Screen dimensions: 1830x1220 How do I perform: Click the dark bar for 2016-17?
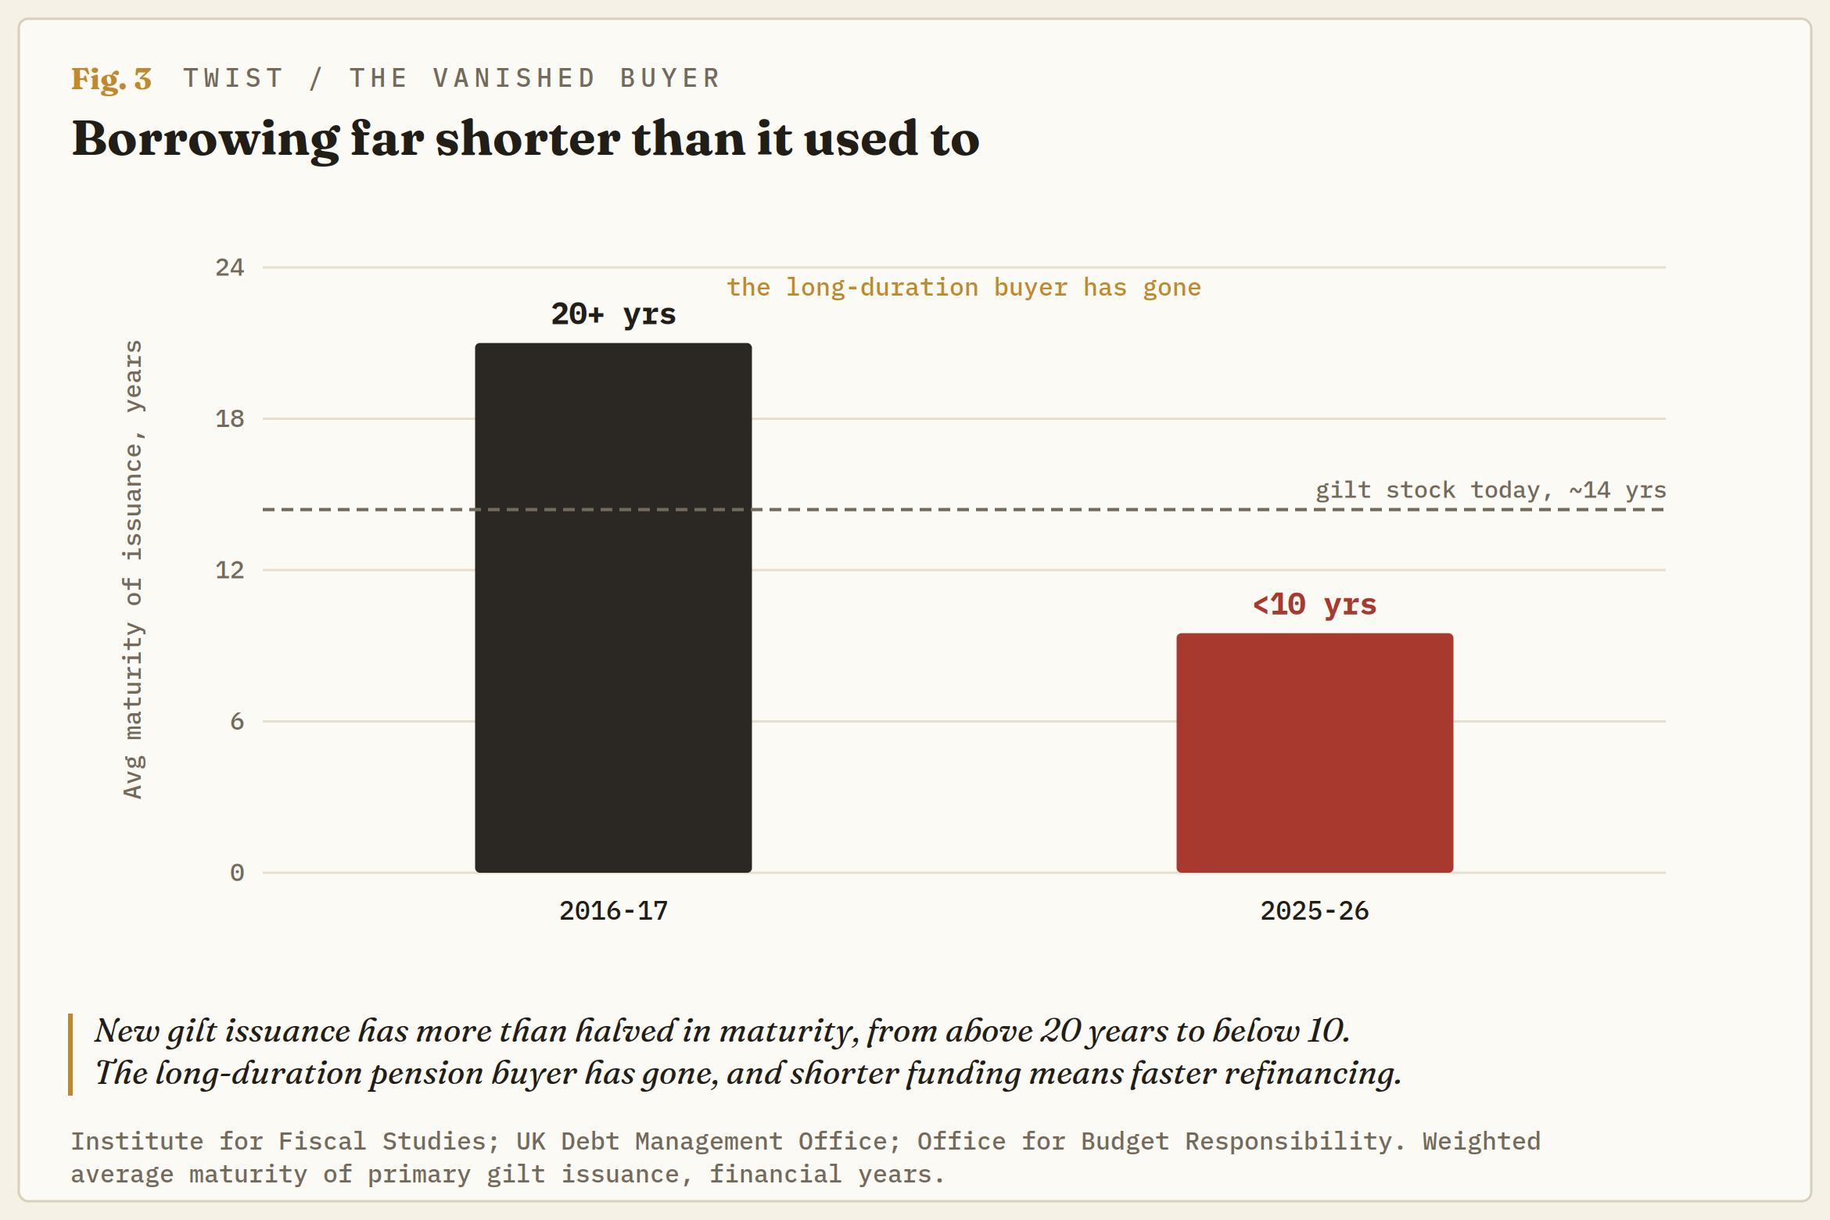tap(613, 608)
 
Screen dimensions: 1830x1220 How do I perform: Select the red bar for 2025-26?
tap(1315, 752)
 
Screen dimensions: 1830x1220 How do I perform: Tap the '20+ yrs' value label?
tap(613, 314)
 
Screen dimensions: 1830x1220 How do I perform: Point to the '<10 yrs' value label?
tap(1315, 605)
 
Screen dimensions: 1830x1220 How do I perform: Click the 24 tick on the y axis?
tap(230, 267)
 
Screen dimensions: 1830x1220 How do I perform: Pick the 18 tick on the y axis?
tap(230, 418)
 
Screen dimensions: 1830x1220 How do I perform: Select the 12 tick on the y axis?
tap(230, 570)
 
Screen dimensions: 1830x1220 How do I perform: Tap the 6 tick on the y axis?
tap(237, 721)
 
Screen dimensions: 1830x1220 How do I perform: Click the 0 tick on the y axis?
tap(237, 873)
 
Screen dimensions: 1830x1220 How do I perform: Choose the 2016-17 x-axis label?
tap(613, 911)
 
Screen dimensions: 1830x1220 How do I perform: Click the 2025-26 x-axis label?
tap(1315, 911)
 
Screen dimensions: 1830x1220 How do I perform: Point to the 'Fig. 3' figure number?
tap(111, 79)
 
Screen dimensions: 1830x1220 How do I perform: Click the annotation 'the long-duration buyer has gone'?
tap(963, 288)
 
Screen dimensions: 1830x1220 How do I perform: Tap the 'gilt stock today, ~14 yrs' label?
tap(1491, 490)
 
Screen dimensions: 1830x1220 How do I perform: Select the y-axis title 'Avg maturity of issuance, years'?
tap(134, 569)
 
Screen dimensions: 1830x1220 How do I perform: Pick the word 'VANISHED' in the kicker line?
tap(515, 78)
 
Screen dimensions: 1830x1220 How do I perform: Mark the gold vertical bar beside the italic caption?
tap(70, 1054)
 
